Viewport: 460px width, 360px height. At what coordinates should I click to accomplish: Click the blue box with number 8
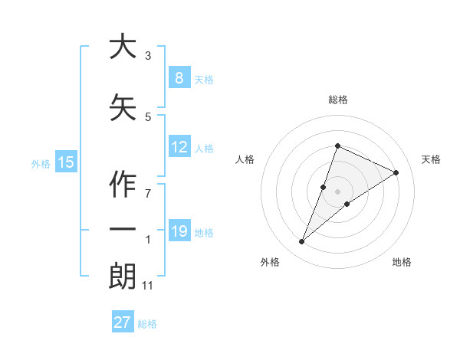(179, 78)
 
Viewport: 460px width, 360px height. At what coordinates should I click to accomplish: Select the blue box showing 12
(179, 147)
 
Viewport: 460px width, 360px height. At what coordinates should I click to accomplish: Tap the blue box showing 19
(179, 231)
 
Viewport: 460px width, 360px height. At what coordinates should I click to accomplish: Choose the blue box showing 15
(66, 162)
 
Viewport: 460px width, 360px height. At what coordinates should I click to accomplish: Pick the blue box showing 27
(122, 322)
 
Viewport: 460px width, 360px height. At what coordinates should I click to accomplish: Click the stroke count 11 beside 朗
(148, 286)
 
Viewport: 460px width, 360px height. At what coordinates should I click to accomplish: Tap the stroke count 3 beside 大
(148, 56)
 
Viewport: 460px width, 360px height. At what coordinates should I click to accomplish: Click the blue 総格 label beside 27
(147, 324)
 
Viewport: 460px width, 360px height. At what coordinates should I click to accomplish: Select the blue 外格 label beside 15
(41, 163)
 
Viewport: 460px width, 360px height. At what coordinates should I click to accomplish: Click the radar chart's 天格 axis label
(432, 159)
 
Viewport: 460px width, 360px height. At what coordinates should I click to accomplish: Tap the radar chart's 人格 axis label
(245, 159)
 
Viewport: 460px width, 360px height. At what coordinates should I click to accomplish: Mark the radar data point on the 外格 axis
(302, 242)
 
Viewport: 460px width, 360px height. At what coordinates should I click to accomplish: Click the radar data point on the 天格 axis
(396, 173)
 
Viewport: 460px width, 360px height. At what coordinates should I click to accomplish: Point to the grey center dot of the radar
(338, 191)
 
